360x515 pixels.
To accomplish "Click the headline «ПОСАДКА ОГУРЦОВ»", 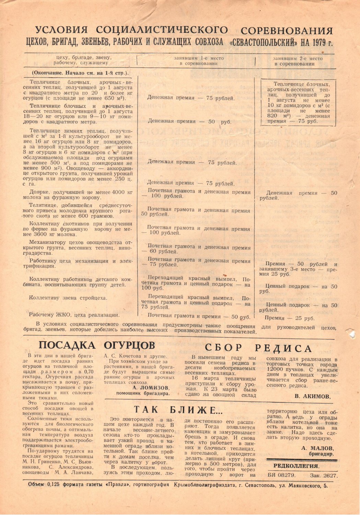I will tap(96, 345).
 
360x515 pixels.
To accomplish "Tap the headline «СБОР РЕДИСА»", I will tap(258, 348).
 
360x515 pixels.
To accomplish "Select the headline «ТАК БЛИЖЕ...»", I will tap(178, 410).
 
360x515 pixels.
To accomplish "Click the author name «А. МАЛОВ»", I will tap(318, 448).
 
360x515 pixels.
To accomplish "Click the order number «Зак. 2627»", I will tap(323, 476).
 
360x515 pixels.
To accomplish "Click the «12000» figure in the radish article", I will tap(274, 370).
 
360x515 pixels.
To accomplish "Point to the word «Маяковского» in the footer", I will tap(302, 485).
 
